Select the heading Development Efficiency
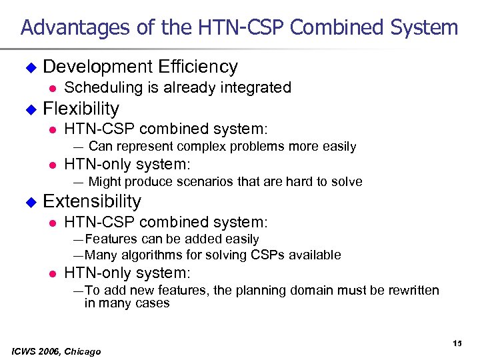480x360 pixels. point(140,67)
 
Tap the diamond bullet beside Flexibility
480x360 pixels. point(29,109)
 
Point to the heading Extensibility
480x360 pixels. point(92,201)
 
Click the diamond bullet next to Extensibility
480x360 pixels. point(29,201)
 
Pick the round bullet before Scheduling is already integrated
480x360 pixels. point(50,87)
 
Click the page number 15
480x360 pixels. point(457,343)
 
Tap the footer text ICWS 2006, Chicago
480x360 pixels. point(57,351)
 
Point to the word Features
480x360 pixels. point(109,239)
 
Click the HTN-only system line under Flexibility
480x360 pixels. point(127,165)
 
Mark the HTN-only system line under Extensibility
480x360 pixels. point(127,273)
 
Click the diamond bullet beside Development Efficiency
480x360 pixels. point(29,67)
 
